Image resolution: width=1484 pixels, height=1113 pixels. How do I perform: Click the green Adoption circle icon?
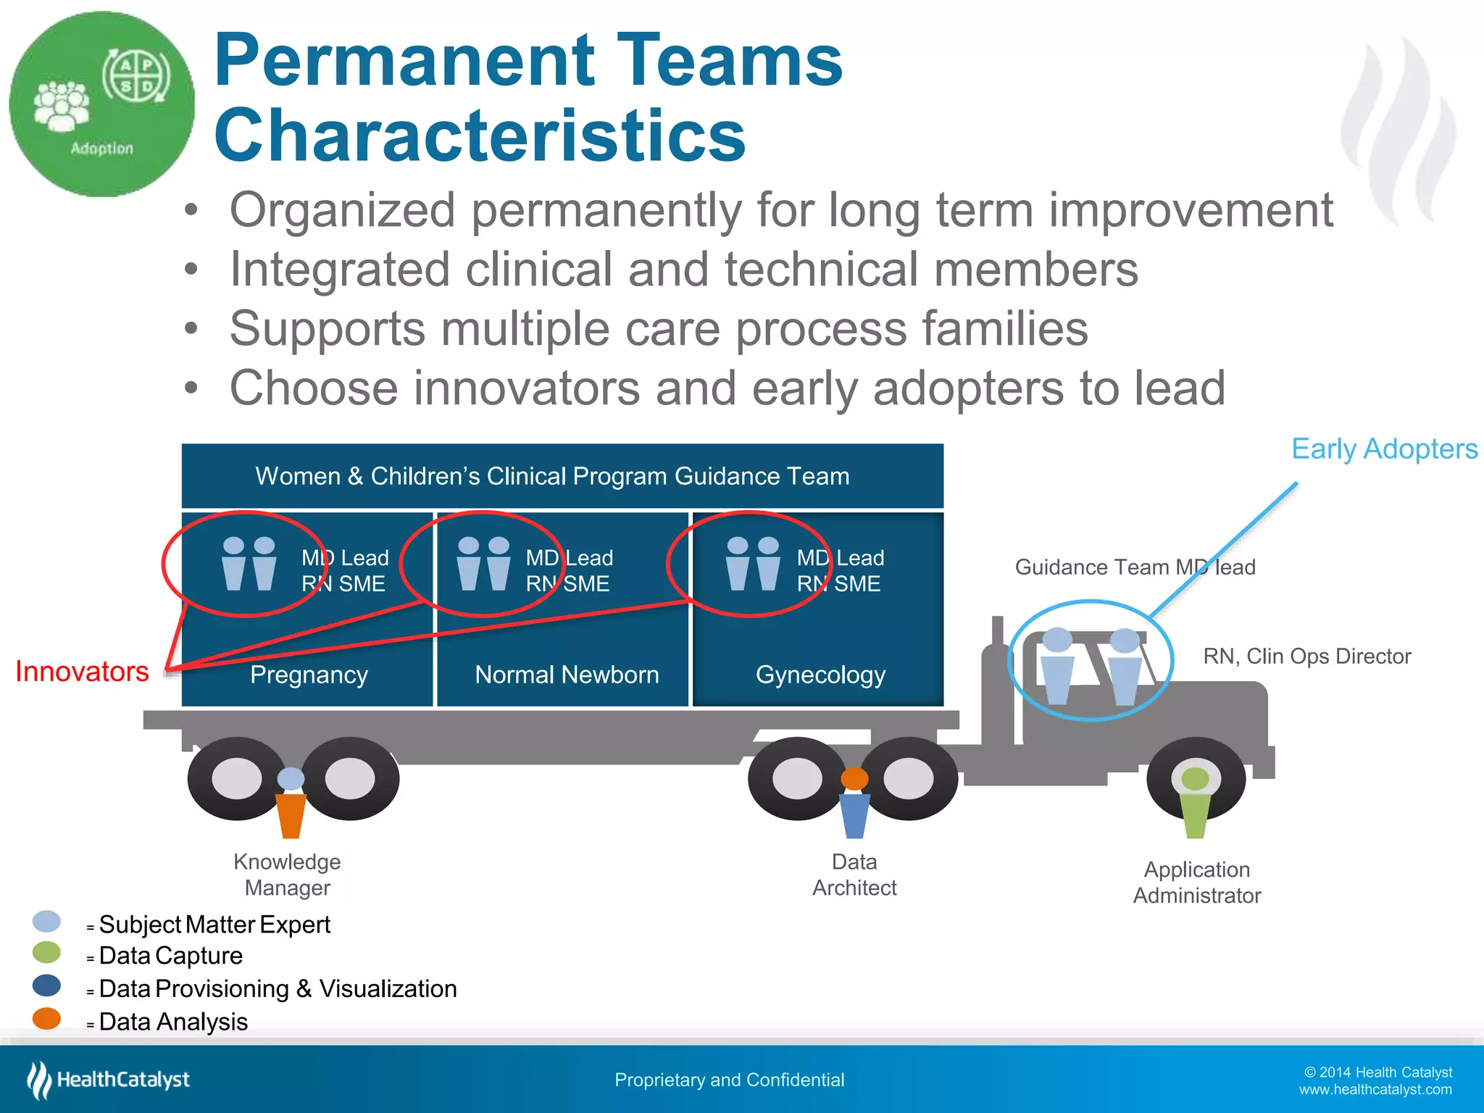(x=101, y=104)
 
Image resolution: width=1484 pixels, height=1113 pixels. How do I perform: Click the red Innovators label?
(x=82, y=672)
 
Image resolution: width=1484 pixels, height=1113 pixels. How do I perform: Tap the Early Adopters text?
(x=1384, y=449)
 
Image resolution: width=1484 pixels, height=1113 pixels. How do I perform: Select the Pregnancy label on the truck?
(x=309, y=675)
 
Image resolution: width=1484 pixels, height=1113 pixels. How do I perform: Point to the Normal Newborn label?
(x=567, y=675)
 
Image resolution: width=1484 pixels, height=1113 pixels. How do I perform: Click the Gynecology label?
(x=820, y=675)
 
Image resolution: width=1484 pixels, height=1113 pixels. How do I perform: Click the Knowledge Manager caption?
(x=287, y=875)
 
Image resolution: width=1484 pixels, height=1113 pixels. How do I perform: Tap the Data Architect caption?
(x=854, y=875)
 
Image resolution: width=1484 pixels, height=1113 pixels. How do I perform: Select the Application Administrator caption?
(x=1197, y=883)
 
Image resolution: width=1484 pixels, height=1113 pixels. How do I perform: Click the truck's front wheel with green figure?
(x=1196, y=780)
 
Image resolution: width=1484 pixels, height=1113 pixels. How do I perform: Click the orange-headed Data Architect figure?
(x=854, y=801)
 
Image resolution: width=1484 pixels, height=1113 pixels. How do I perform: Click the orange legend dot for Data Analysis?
(x=47, y=1018)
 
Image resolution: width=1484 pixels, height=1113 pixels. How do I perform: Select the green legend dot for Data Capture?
(x=47, y=953)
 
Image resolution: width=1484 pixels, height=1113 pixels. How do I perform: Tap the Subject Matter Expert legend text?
(x=214, y=925)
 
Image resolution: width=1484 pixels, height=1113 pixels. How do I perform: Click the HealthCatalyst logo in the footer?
(x=109, y=1080)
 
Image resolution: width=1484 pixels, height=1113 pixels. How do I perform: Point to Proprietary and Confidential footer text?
(x=729, y=1080)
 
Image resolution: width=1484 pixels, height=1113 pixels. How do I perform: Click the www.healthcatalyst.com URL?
(x=1375, y=1090)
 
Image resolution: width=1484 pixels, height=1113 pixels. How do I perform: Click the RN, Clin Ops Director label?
(x=1306, y=656)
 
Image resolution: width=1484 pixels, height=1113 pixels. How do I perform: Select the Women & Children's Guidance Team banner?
(x=562, y=476)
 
